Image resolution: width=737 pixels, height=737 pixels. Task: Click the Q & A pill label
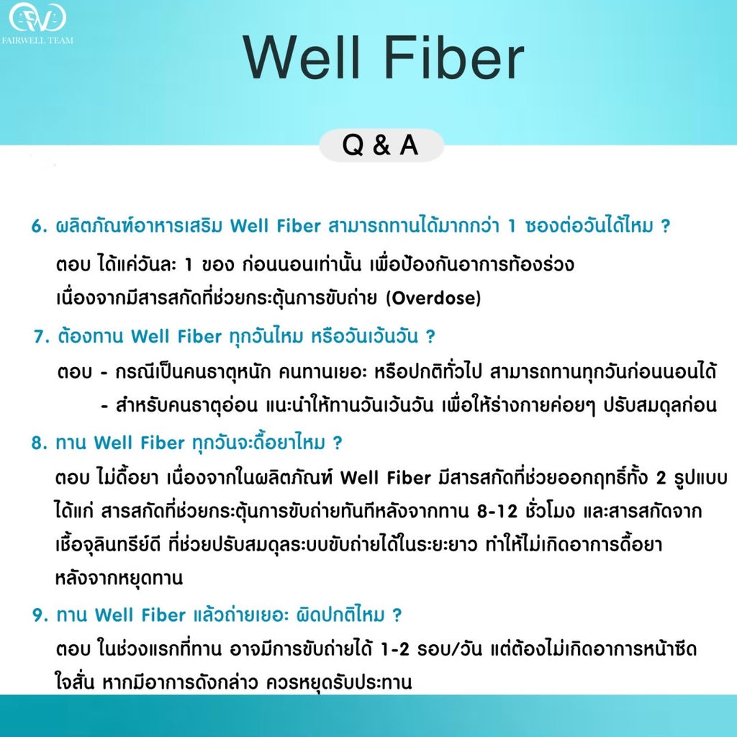[381, 145]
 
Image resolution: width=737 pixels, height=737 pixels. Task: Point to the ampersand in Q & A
[381, 145]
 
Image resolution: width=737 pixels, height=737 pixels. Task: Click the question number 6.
[37, 226]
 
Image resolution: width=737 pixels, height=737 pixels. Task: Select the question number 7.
[39, 336]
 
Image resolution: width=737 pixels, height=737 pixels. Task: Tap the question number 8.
[37, 443]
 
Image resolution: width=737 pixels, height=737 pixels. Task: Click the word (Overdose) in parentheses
[433, 297]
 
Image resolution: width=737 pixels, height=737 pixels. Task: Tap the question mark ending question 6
[665, 226]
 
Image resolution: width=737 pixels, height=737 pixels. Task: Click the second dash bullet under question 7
[105, 405]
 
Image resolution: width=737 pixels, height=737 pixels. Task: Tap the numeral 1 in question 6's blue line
[512, 226]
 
